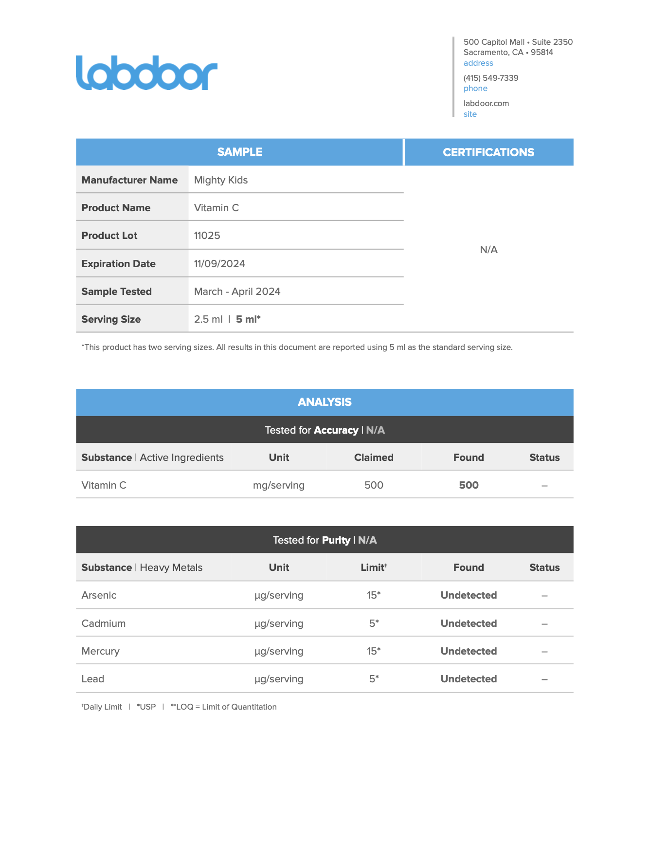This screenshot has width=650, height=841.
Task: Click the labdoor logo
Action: [x=146, y=73]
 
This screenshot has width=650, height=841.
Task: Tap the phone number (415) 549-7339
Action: [x=490, y=78]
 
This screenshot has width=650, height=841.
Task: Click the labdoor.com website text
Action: [x=486, y=103]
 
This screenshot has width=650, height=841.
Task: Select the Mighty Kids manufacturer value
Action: [x=221, y=180]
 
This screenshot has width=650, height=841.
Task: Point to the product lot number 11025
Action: [x=207, y=236]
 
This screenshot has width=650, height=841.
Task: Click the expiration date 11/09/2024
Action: [x=219, y=264]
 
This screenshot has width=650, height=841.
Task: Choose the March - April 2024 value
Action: [x=237, y=292]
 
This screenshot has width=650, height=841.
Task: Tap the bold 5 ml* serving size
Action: [x=248, y=319]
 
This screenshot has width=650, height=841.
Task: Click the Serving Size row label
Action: [x=111, y=319]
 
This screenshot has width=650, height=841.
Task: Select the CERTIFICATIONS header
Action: [x=488, y=152]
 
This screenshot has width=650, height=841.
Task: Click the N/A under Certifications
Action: [x=488, y=250]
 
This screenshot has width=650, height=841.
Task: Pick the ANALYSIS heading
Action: [x=325, y=402]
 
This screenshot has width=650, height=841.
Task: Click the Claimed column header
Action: [x=374, y=457]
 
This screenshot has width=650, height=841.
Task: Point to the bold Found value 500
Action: [x=469, y=485]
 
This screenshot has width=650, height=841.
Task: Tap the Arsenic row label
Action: [x=99, y=595]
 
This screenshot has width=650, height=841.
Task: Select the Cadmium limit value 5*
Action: [x=374, y=623]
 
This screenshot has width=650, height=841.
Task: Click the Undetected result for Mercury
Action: [x=469, y=651]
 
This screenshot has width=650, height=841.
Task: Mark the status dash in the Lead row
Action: [x=544, y=679]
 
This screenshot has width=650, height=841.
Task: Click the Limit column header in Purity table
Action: [x=374, y=567]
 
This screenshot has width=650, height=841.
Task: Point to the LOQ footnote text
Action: [x=224, y=707]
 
